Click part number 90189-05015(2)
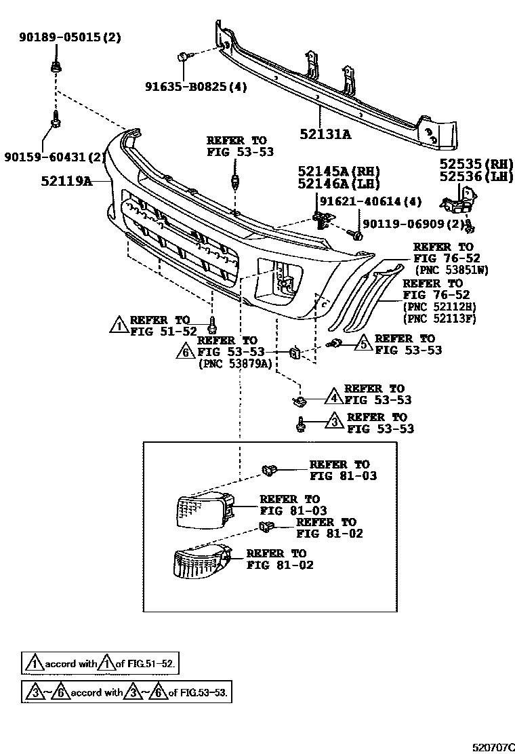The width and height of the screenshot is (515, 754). pyautogui.click(x=70, y=38)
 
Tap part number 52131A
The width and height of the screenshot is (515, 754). pyautogui.click(x=325, y=134)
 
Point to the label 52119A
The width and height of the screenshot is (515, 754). pyautogui.click(x=66, y=181)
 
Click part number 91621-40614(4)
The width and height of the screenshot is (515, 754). pyautogui.click(x=371, y=201)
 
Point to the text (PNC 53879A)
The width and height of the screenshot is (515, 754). pyautogui.click(x=234, y=363)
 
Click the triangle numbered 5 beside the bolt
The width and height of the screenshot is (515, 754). pyautogui.click(x=363, y=343)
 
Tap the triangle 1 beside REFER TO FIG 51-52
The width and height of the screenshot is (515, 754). pyautogui.click(x=119, y=324)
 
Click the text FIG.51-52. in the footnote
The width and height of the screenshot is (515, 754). pyautogui.click(x=147, y=664)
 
